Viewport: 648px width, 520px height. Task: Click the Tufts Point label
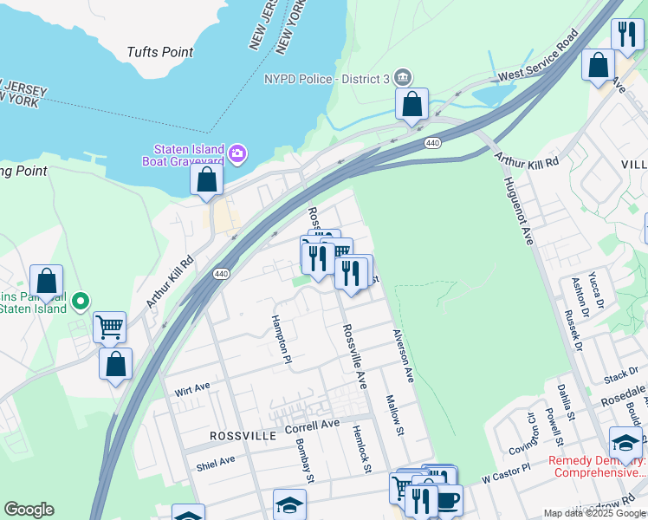pos(159,52)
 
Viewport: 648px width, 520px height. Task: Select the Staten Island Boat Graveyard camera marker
pos(237,155)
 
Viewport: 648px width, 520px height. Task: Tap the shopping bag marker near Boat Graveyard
pos(207,180)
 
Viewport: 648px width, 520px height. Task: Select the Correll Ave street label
pos(312,426)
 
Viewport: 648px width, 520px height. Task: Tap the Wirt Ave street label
pos(192,389)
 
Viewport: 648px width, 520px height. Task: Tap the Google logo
pos(29,510)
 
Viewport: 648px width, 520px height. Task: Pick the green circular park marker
pos(81,302)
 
